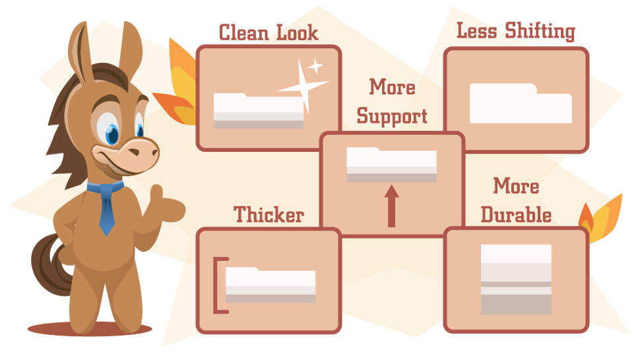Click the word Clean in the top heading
pos(243,32)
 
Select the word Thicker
pos(269,214)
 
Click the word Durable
pos(516,214)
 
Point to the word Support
pos(392,116)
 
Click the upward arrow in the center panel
pos(391,206)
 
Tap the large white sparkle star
pos(304,86)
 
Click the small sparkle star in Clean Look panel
pos(315,67)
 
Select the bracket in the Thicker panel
pos(221,285)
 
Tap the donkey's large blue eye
pos(110,130)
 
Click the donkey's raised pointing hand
pos(166,204)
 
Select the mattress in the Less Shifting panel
pos(521,103)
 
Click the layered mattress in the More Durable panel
pos(516,280)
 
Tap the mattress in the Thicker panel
pos(271,285)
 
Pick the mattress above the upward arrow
pos(391,164)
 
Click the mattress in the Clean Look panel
pos(259,111)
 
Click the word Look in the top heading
pos(297,32)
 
